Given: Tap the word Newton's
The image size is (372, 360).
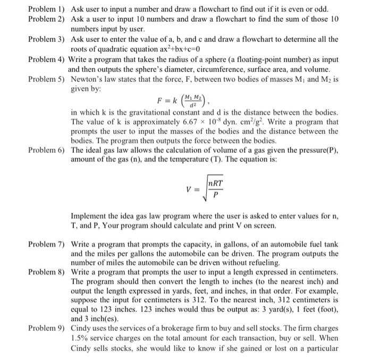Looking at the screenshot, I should pos(88,79).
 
